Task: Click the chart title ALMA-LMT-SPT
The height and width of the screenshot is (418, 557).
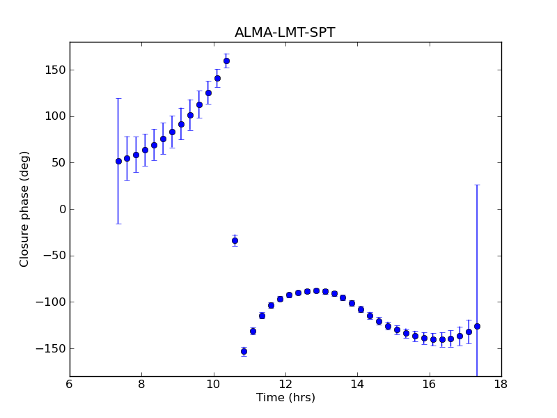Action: click(285, 33)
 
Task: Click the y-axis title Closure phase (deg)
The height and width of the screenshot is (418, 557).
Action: click(25, 208)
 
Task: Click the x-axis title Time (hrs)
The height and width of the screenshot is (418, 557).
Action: click(285, 398)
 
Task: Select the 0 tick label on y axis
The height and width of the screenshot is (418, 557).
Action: click(62, 209)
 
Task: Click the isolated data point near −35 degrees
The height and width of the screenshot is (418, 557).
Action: click(235, 240)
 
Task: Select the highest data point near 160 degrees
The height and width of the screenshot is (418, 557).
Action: click(226, 61)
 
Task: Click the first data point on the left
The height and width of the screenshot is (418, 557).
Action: click(118, 161)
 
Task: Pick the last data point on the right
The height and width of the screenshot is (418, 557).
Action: click(477, 326)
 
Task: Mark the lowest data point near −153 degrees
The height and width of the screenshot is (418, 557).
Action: click(244, 351)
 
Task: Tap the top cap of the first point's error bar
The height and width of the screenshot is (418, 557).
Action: click(118, 98)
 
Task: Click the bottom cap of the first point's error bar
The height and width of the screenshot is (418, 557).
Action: click(118, 224)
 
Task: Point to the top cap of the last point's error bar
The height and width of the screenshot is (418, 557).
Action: click(477, 185)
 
